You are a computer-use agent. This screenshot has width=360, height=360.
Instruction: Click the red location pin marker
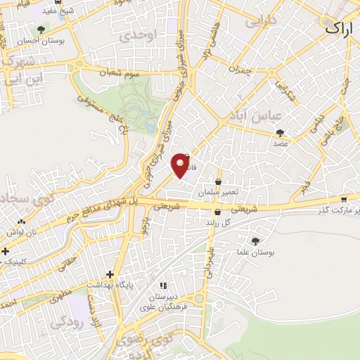coord(181,164)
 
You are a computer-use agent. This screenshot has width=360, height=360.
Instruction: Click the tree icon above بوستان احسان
coord(43,30)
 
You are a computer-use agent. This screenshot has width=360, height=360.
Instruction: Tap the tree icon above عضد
coord(281,132)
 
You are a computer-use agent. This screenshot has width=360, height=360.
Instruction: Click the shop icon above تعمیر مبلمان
coord(219,181)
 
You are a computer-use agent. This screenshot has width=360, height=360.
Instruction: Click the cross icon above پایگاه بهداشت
coord(110,274)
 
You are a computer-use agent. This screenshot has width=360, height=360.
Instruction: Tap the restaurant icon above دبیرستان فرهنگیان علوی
coord(163,285)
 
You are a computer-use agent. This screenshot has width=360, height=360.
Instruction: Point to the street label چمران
coord(240,70)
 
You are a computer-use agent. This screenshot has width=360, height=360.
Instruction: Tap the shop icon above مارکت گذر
coord(343,199)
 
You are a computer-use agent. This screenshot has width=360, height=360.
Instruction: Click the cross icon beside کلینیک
coord(5,250)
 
